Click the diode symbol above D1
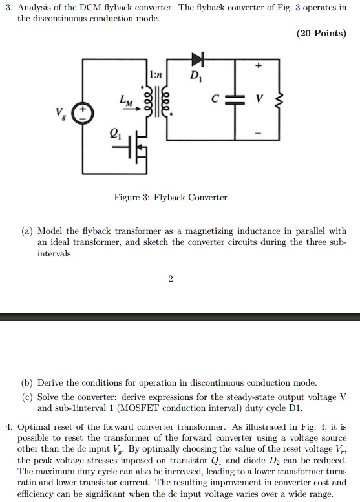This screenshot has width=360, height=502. (x=196, y=60)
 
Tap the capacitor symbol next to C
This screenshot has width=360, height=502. (x=235, y=100)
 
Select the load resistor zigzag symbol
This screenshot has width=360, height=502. (x=279, y=101)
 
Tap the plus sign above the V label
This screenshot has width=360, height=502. (x=259, y=66)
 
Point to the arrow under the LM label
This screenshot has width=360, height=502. (x=130, y=109)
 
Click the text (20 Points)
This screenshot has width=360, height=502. (x=322, y=34)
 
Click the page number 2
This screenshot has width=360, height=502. (x=171, y=279)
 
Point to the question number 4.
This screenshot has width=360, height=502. (x=9, y=427)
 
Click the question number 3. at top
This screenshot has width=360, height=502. (x=9, y=7)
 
